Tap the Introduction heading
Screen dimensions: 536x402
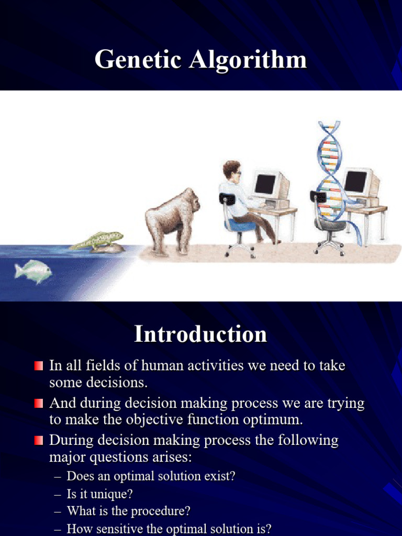click(200, 334)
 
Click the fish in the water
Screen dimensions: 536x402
click(33, 271)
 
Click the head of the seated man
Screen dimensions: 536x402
click(231, 171)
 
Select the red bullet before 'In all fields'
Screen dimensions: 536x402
click(39, 366)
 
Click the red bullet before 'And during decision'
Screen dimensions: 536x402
click(39, 404)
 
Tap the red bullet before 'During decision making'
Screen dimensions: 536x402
click(39, 441)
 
